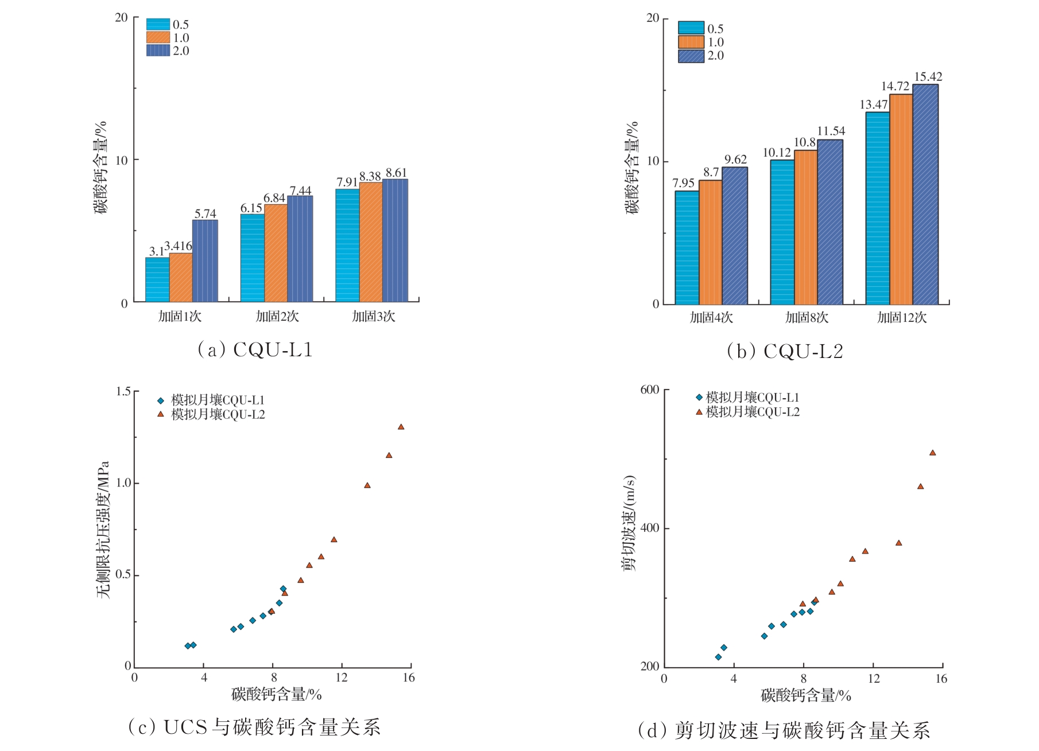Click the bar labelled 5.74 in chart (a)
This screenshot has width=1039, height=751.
tap(205, 261)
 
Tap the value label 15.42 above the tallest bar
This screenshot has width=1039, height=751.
tap(928, 77)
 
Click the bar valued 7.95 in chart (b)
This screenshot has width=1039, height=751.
tap(687, 247)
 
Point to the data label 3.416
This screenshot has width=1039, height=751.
tap(178, 246)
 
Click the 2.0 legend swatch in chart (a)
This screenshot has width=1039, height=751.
tap(158, 50)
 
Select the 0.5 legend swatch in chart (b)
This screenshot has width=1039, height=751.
tap(691, 28)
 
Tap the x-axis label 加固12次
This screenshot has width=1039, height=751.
tap(902, 318)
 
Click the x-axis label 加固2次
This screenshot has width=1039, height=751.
tap(277, 317)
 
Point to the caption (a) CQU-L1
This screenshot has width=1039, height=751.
tap(255, 349)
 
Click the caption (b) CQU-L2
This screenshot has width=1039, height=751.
tap(785, 351)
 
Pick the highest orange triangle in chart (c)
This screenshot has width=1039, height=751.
tap(401, 427)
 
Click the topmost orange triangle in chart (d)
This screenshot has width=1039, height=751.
tap(932, 453)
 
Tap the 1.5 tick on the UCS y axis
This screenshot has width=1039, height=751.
tap(123, 391)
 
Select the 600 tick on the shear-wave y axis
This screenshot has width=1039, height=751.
tap(649, 390)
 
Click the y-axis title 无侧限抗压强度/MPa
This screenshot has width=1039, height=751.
tap(103, 530)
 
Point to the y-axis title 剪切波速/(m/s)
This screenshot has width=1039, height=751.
tap(629, 523)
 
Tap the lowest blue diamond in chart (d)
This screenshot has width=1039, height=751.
tap(718, 657)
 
